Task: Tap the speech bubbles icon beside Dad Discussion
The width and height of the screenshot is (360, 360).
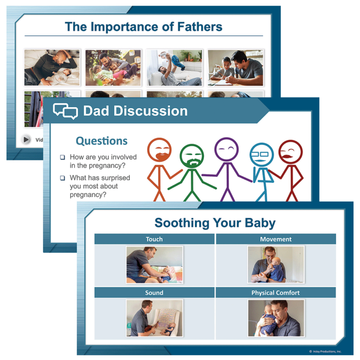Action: click(65, 111)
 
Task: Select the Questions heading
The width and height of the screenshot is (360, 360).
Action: click(101, 141)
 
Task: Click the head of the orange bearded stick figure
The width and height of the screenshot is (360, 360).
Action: click(159, 150)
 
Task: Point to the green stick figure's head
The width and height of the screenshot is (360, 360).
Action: click(192, 156)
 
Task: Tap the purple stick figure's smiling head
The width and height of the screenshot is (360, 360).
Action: click(226, 149)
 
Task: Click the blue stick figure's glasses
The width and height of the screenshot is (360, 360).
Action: click(262, 154)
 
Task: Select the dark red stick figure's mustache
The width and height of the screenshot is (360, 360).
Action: click(291, 154)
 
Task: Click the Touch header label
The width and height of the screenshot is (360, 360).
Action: click(154, 239)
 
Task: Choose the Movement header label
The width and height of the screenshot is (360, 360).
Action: click(276, 239)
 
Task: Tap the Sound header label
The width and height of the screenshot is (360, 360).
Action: click(154, 292)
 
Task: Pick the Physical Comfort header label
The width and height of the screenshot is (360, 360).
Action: click(276, 292)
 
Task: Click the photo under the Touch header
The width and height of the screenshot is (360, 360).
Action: click(154, 265)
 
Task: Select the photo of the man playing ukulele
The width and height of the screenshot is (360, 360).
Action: click(154, 318)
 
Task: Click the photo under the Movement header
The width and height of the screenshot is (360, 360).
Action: click(276, 265)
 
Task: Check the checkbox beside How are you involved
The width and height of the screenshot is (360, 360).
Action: click(62, 157)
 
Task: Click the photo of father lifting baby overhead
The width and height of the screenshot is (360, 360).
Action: click(174, 67)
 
